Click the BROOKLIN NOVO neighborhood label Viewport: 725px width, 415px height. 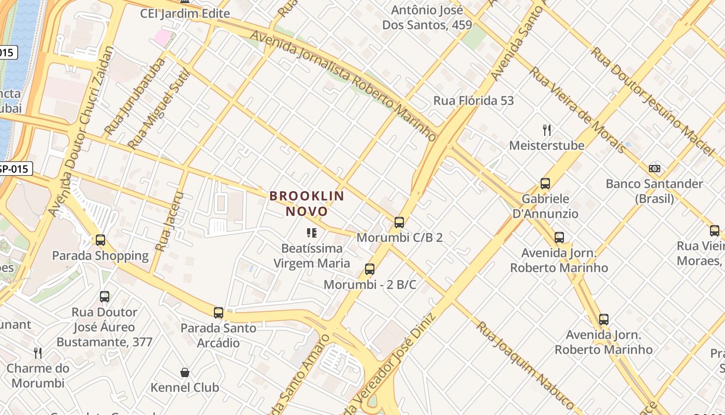[307, 203]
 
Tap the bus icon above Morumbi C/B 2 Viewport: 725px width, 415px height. [399, 223]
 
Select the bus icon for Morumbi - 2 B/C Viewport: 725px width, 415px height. [369, 269]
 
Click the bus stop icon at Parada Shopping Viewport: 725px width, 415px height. [100, 240]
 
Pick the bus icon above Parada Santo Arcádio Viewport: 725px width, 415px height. [219, 313]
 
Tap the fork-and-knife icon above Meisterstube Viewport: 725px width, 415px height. [546, 130]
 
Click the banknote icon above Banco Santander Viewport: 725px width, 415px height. [655, 169]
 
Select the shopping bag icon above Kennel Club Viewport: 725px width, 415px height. [185, 372]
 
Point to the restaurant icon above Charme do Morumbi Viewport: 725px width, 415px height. [38, 353]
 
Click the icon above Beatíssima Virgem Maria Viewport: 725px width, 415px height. [311, 233]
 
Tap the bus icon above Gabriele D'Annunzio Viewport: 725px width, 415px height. [545, 183]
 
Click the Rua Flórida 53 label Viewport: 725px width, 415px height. [473, 101]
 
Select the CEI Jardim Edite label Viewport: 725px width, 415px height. [185, 13]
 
